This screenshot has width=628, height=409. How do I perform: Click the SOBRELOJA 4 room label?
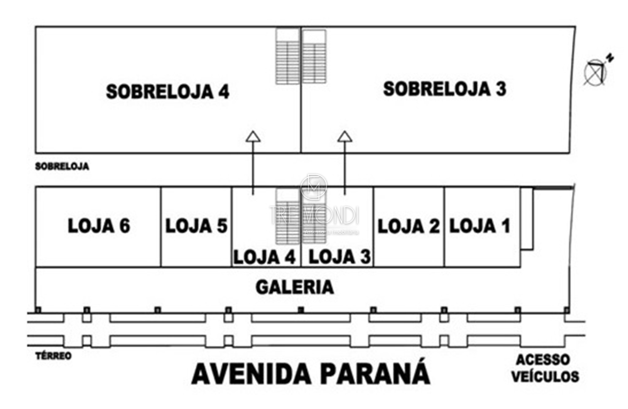tap(167, 92)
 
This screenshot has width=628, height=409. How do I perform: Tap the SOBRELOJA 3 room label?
tap(445, 89)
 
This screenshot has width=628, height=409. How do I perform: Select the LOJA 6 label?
tap(99, 226)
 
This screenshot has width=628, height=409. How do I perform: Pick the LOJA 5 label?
tap(196, 226)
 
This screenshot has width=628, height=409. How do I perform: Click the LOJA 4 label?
tap(265, 257)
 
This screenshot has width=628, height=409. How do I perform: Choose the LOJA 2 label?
tap(409, 227)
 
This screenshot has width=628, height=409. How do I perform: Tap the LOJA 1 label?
tap(480, 226)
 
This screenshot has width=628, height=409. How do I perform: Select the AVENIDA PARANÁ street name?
tap(311, 374)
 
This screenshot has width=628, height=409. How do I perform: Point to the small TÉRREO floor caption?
tap(53, 356)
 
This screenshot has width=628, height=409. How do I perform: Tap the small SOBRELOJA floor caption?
tap(62, 167)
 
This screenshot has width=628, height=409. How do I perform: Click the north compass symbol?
tap(597, 71)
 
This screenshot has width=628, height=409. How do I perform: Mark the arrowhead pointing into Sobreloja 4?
tap(253, 137)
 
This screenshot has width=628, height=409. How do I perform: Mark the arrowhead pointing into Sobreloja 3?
tap(345, 137)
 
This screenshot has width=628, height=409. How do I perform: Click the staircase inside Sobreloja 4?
tap(287, 56)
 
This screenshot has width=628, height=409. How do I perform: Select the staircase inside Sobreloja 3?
tap(314, 56)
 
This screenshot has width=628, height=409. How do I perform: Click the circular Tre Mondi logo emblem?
tap(314, 187)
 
